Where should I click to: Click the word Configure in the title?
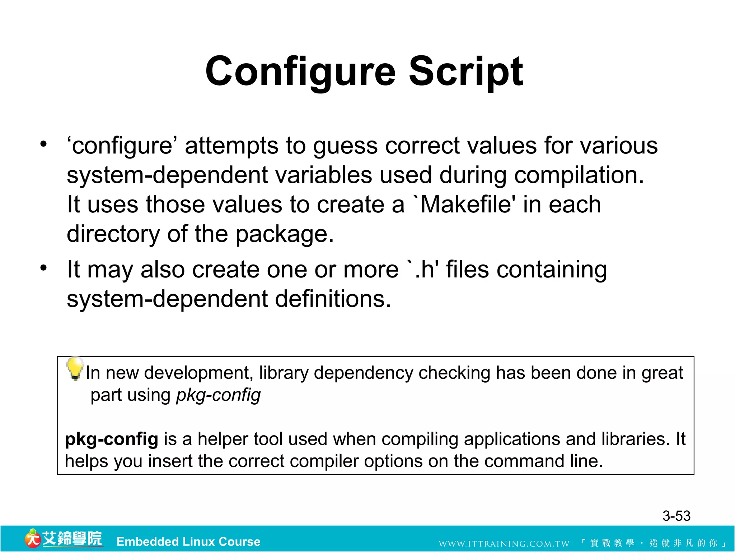point(300,72)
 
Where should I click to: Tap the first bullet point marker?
point(43,144)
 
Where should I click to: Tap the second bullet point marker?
point(43,268)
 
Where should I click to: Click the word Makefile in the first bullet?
point(465,204)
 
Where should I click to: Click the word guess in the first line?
point(345,146)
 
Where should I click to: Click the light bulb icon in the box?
point(75,368)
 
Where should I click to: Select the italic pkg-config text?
point(218,395)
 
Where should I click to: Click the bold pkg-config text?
point(111,439)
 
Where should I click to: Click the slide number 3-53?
point(676,516)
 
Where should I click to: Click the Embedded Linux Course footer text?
point(188,542)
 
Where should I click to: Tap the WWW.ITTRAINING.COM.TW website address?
point(504,544)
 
